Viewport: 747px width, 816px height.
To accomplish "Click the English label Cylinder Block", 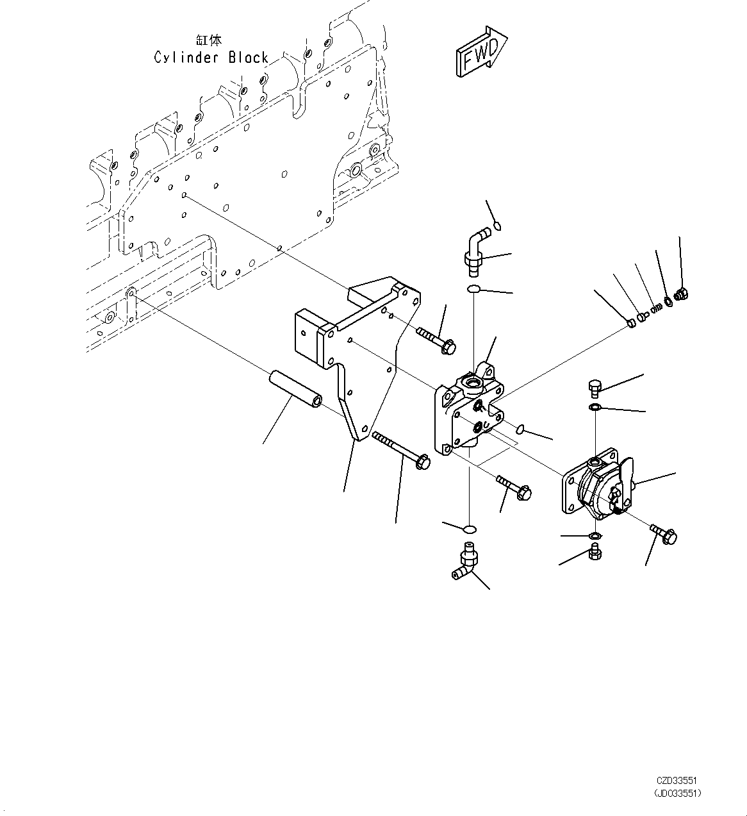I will pos(211,58).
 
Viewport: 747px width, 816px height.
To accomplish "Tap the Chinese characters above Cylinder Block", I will pos(211,40).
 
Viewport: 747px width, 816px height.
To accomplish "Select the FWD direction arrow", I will pos(482,53).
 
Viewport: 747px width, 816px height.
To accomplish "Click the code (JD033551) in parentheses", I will pos(677,793).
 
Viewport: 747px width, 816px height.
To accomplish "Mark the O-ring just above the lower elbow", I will pos(469,529).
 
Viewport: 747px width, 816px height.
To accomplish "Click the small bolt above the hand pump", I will pos(594,387).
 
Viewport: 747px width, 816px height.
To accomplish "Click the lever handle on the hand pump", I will pos(626,479).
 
